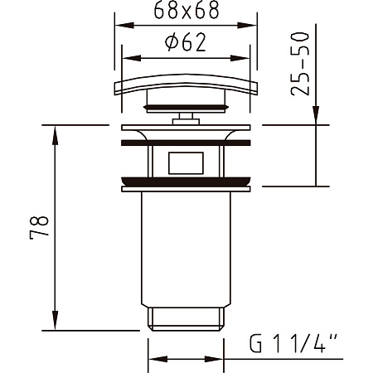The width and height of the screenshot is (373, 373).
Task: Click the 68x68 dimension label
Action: [186, 10]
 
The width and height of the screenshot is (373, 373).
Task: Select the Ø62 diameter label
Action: [186, 42]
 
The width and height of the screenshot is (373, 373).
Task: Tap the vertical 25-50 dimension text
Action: [300, 64]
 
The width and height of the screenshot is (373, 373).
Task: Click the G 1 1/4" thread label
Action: [293, 343]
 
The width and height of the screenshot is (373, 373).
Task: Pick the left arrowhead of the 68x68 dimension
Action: [124, 26]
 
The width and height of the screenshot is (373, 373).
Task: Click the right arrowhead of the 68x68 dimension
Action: [247, 26]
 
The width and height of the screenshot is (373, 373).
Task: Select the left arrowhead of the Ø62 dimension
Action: [132, 58]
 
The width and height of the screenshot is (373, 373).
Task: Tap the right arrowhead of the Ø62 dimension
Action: [240, 58]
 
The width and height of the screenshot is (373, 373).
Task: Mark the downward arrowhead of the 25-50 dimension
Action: [316, 115]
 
